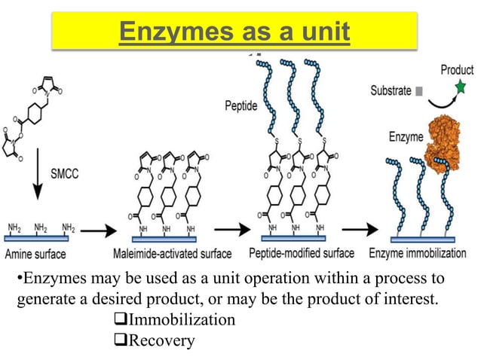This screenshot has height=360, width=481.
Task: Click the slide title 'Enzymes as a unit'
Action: coord(234,33)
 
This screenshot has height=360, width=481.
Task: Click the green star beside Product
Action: coord(461,87)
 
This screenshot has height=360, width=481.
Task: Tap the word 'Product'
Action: coord(457,70)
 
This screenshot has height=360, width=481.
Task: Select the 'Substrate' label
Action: coord(391,91)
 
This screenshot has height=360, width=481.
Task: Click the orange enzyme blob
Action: coord(445,143)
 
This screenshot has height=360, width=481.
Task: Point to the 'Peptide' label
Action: coord(242,106)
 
